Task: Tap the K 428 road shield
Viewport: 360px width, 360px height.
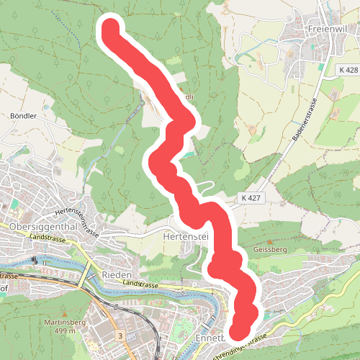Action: point(347,70)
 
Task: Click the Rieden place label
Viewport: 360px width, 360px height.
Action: point(117,275)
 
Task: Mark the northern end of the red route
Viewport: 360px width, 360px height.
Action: point(112,29)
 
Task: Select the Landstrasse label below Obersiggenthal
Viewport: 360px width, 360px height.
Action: point(48,236)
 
